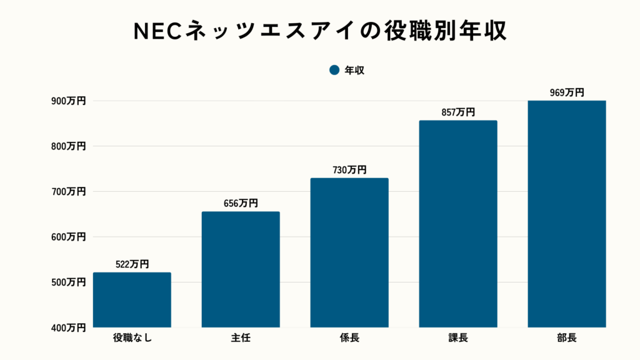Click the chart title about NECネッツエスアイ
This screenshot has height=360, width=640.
[x=320, y=32]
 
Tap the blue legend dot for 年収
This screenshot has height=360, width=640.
[x=334, y=71]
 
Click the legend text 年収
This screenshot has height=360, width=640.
[x=354, y=71]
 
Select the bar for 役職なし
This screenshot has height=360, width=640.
[x=132, y=300]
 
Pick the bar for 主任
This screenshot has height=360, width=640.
[x=241, y=269]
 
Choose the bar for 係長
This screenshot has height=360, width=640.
[x=349, y=252]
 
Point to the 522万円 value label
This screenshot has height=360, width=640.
[x=132, y=264]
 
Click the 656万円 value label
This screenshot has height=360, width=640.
[x=241, y=203]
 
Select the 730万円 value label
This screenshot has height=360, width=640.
[x=349, y=169]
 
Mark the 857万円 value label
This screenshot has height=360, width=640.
[x=458, y=112]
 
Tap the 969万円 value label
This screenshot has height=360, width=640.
[x=567, y=92]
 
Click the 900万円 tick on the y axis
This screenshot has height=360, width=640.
[x=67, y=101]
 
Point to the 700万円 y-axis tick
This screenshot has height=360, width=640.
[x=67, y=192]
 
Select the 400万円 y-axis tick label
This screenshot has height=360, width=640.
[x=67, y=327]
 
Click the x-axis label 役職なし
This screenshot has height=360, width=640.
[x=132, y=339]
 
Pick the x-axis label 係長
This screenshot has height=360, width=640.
[x=349, y=339]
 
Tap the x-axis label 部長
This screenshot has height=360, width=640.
[x=567, y=339]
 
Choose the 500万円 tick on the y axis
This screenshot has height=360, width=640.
[x=67, y=282]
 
